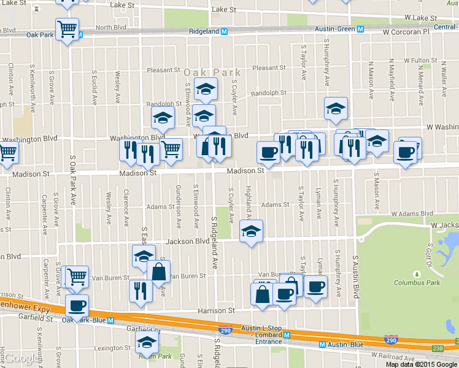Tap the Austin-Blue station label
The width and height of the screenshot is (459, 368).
[344, 345]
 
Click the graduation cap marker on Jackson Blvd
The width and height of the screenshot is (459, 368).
[250, 231]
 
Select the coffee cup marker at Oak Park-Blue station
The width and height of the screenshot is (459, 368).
[77, 305]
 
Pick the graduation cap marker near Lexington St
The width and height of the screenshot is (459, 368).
[147, 342]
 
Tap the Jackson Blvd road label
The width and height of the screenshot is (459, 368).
[194, 241]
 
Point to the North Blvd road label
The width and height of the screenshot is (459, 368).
[110, 28]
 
